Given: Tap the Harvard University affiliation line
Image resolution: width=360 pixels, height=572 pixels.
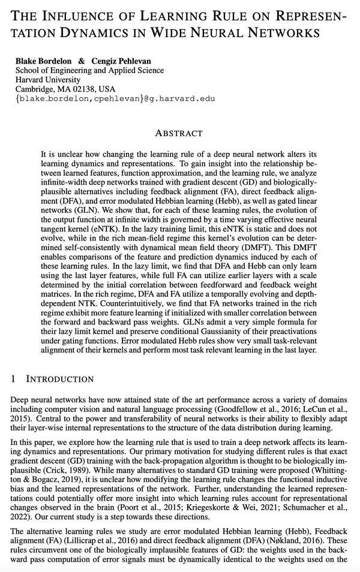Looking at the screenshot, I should (x=48, y=80).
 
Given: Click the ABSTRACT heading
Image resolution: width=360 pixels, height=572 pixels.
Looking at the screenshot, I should (x=178, y=133).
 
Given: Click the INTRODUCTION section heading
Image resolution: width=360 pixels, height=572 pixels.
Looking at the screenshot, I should (x=60, y=379).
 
